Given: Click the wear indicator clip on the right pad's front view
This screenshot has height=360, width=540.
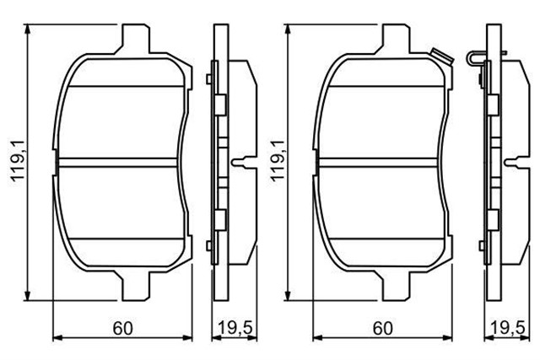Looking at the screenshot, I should [x=440, y=56].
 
